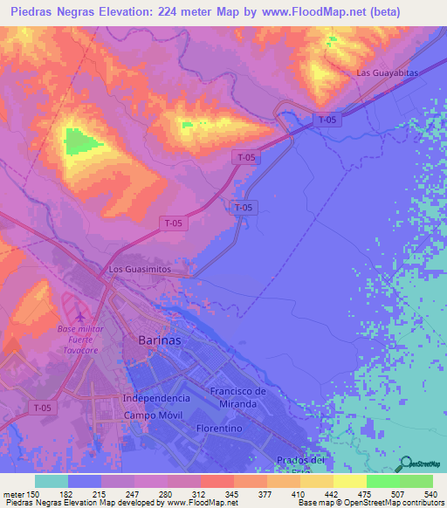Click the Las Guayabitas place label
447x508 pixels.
388,72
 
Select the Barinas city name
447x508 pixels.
160,341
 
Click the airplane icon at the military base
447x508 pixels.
81,315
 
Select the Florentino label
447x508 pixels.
219,429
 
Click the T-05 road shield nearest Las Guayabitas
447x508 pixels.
327,119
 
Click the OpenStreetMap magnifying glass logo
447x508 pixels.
406,464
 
